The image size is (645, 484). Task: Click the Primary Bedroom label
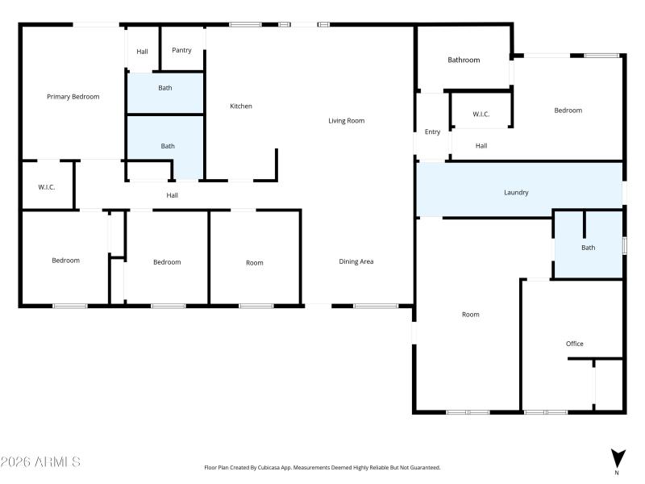click(x=73, y=97)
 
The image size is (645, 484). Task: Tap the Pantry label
click(x=181, y=50)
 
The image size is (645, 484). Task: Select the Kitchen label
click(x=241, y=106)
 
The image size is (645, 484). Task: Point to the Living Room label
click(x=346, y=121)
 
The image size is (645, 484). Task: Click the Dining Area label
click(x=356, y=261)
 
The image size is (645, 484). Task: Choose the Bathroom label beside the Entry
click(x=464, y=60)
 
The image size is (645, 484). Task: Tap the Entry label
click(x=432, y=131)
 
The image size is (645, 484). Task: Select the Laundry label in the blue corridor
click(x=516, y=193)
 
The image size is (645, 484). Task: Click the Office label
click(x=574, y=344)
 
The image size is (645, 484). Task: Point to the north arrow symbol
click(x=617, y=459)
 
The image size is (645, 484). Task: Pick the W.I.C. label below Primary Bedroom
click(x=46, y=187)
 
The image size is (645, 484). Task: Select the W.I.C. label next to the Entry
click(x=481, y=115)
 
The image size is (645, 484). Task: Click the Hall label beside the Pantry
click(x=142, y=52)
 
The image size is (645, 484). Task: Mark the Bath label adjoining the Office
click(x=588, y=248)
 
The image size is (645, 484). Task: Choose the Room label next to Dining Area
click(x=254, y=263)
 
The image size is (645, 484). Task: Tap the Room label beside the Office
click(x=470, y=315)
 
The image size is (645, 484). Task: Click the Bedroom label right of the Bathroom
click(x=568, y=111)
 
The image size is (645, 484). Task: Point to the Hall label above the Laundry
click(x=481, y=146)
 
